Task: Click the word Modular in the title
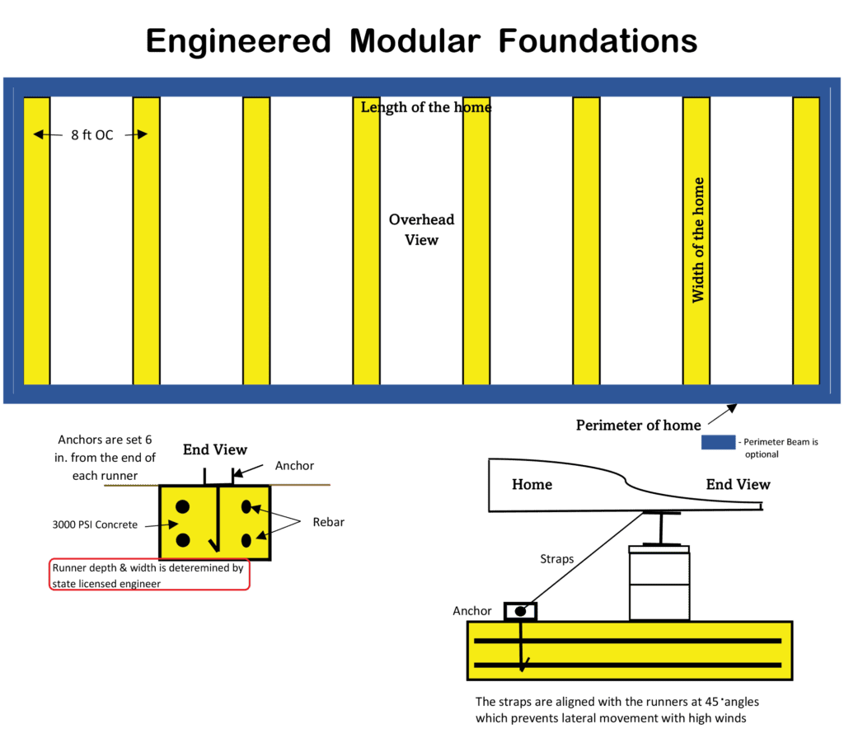pyautogui.click(x=415, y=41)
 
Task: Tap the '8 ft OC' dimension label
pyautogui.click(x=92, y=134)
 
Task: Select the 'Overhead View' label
pyautogui.click(x=421, y=229)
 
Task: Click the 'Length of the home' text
pyautogui.click(x=426, y=107)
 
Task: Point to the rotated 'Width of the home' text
pyautogui.click(x=697, y=240)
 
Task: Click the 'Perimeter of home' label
pyautogui.click(x=639, y=425)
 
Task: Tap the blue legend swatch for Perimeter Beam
pyautogui.click(x=718, y=442)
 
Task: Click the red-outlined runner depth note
pyautogui.click(x=150, y=575)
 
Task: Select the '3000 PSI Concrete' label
pyautogui.click(x=95, y=524)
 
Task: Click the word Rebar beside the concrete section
pyautogui.click(x=328, y=522)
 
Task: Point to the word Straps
pyautogui.click(x=556, y=559)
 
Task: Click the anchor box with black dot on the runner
pyautogui.click(x=521, y=612)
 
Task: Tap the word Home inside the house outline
pyautogui.click(x=532, y=485)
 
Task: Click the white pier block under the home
pyautogui.click(x=659, y=583)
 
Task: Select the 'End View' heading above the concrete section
pyautogui.click(x=215, y=449)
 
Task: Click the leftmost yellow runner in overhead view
pyautogui.click(x=36, y=241)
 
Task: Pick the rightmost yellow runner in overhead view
pyautogui.click(x=806, y=241)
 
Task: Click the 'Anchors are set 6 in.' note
pyautogui.click(x=105, y=458)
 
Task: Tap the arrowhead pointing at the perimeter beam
pyautogui.click(x=732, y=408)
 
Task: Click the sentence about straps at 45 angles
pyautogui.click(x=617, y=709)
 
